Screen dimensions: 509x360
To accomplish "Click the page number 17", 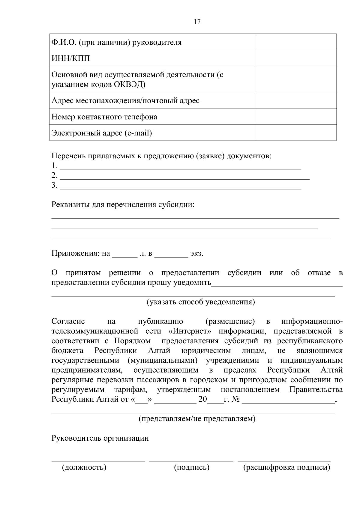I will (197, 22).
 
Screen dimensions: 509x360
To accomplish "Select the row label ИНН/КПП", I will (71, 58).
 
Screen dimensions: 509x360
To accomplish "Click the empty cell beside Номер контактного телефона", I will (295, 116).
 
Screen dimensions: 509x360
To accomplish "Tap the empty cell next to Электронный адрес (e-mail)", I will (295, 132).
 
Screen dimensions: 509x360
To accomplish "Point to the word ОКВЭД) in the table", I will (130, 84).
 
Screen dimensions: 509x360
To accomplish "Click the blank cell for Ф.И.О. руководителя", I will (295, 42).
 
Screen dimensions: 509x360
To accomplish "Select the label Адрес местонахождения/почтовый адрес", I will (125, 100).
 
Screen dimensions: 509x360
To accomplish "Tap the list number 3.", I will (54, 185).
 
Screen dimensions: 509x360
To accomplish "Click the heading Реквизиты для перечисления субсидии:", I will (123, 205).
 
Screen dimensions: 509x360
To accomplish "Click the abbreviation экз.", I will (196, 254).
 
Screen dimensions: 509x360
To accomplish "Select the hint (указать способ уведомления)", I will (201, 302).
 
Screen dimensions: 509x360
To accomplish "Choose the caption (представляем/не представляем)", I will (197, 418).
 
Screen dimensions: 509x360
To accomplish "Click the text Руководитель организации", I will (100, 438).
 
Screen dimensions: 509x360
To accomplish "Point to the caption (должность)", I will (84, 467).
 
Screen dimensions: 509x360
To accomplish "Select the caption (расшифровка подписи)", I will (286, 467).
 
